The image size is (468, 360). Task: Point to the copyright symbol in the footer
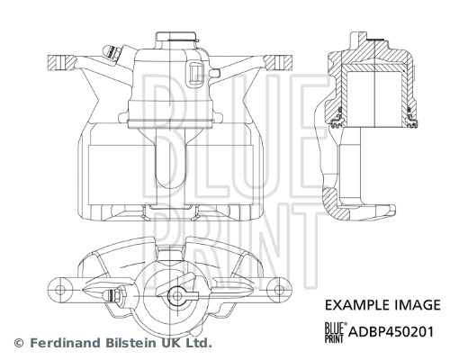[x=18, y=343]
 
